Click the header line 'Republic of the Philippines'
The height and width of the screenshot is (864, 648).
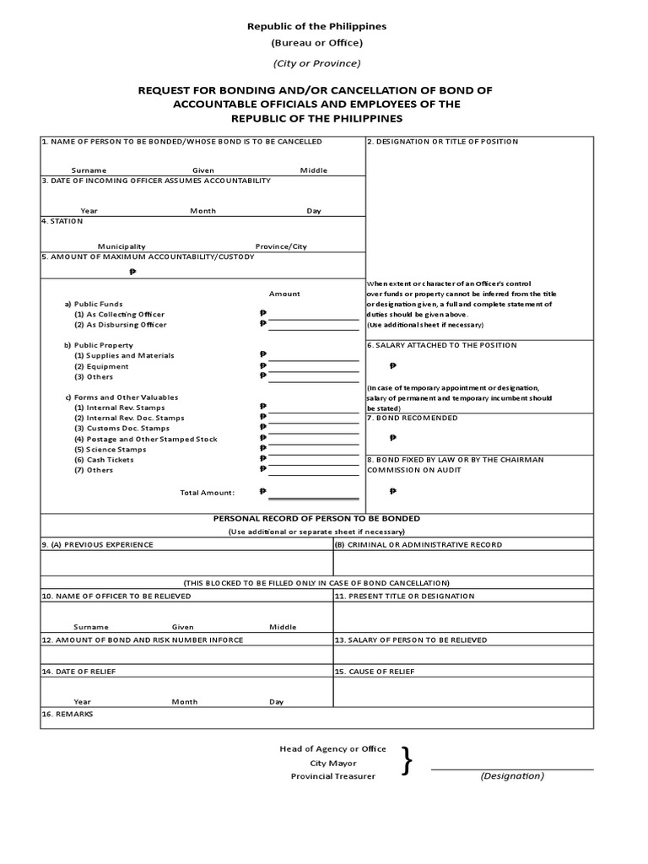[x=316, y=26]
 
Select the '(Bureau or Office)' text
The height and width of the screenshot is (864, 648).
[x=316, y=43]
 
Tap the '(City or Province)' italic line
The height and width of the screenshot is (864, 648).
[x=316, y=63]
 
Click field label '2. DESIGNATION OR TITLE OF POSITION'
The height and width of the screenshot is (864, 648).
[x=442, y=142]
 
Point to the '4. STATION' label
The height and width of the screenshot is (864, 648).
[x=62, y=221]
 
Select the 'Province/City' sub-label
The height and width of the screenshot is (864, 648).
[x=281, y=246]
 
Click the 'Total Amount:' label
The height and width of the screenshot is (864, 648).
[x=208, y=492]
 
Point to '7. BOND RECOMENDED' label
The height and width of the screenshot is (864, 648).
[x=413, y=418]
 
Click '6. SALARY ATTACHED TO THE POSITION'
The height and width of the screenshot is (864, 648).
[x=441, y=345]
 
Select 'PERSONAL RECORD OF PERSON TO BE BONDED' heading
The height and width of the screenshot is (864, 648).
[x=316, y=518]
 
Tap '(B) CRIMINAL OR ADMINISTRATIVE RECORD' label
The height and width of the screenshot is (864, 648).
[x=418, y=544]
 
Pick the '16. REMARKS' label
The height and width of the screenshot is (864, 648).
[x=67, y=714]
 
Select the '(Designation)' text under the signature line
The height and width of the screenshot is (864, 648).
[x=512, y=776]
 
